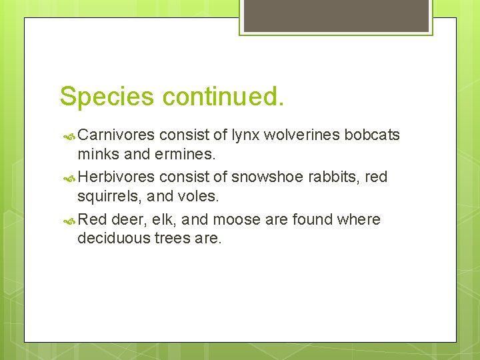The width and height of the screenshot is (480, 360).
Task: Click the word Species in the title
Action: [x=107, y=97]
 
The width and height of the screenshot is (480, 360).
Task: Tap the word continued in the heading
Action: [x=222, y=96]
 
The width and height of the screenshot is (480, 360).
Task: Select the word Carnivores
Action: [x=117, y=135]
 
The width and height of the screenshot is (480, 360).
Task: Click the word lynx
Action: [x=245, y=135]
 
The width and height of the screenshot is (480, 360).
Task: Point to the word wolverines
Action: [x=302, y=135]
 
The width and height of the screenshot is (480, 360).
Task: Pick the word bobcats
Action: [x=372, y=135]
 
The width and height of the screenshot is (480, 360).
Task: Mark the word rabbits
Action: [x=339, y=177]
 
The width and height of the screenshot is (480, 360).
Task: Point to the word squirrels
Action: [x=107, y=196]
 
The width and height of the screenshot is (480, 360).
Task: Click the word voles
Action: [x=199, y=196]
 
